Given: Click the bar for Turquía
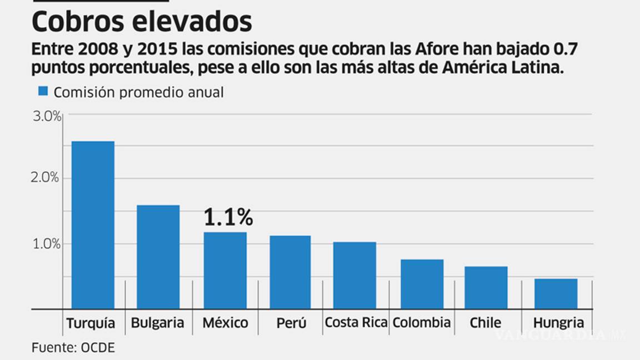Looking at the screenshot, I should click(x=93, y=225).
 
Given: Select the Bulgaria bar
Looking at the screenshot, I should click(x=158, y=257).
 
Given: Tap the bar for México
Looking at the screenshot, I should click(x=225, y=270).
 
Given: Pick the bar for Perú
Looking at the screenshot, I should click(x=290, y=272).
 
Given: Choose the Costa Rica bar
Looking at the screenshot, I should click(x=354, y=275).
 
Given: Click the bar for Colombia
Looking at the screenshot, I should click(x=422, y=284).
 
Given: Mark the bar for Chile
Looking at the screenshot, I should click(x=486, y=287).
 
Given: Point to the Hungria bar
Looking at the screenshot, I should click(x=556, y=293).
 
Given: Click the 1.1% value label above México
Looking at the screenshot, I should click(x=228, y=218).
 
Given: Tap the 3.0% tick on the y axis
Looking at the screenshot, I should click(x=46, y=116).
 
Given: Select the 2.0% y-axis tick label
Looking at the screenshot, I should click(x=46, y=178).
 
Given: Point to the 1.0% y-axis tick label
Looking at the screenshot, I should click(x=46, y=243).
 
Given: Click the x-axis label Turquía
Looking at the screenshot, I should click(x=91, y=323).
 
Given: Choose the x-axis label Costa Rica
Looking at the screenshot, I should click(x=356, y=322).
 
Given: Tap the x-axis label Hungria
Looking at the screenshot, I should click(x=558, y=323).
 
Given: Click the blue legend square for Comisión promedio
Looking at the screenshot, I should click(x=43, y=91).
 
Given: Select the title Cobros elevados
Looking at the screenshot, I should click(x=142, y=22).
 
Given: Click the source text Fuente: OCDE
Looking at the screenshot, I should click(x=73, y=348).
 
